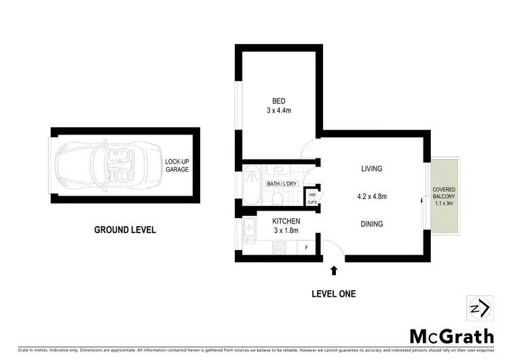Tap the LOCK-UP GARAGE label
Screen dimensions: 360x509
click(x=176, y=165)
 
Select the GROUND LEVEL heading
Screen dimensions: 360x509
click(x=125, y=230)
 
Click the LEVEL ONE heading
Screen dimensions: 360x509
click(x=333, y=293)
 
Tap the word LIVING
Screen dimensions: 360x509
click(x=371, y=168)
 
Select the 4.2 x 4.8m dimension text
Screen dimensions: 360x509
click(x=373, y=197)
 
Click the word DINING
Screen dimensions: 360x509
click(x=371, y=223)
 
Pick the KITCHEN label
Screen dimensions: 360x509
click(x=286, y=221)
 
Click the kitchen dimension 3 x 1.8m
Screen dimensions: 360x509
click(x=286, y=231)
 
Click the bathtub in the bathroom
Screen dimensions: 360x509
click(x=250, y=185)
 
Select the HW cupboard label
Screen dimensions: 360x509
click(x=312, y=197)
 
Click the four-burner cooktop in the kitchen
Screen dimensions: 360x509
click(x=279, y=247)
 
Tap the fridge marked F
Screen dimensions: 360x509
click(x=307, y=248)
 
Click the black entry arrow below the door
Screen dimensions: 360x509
click(x=333, y=270)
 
